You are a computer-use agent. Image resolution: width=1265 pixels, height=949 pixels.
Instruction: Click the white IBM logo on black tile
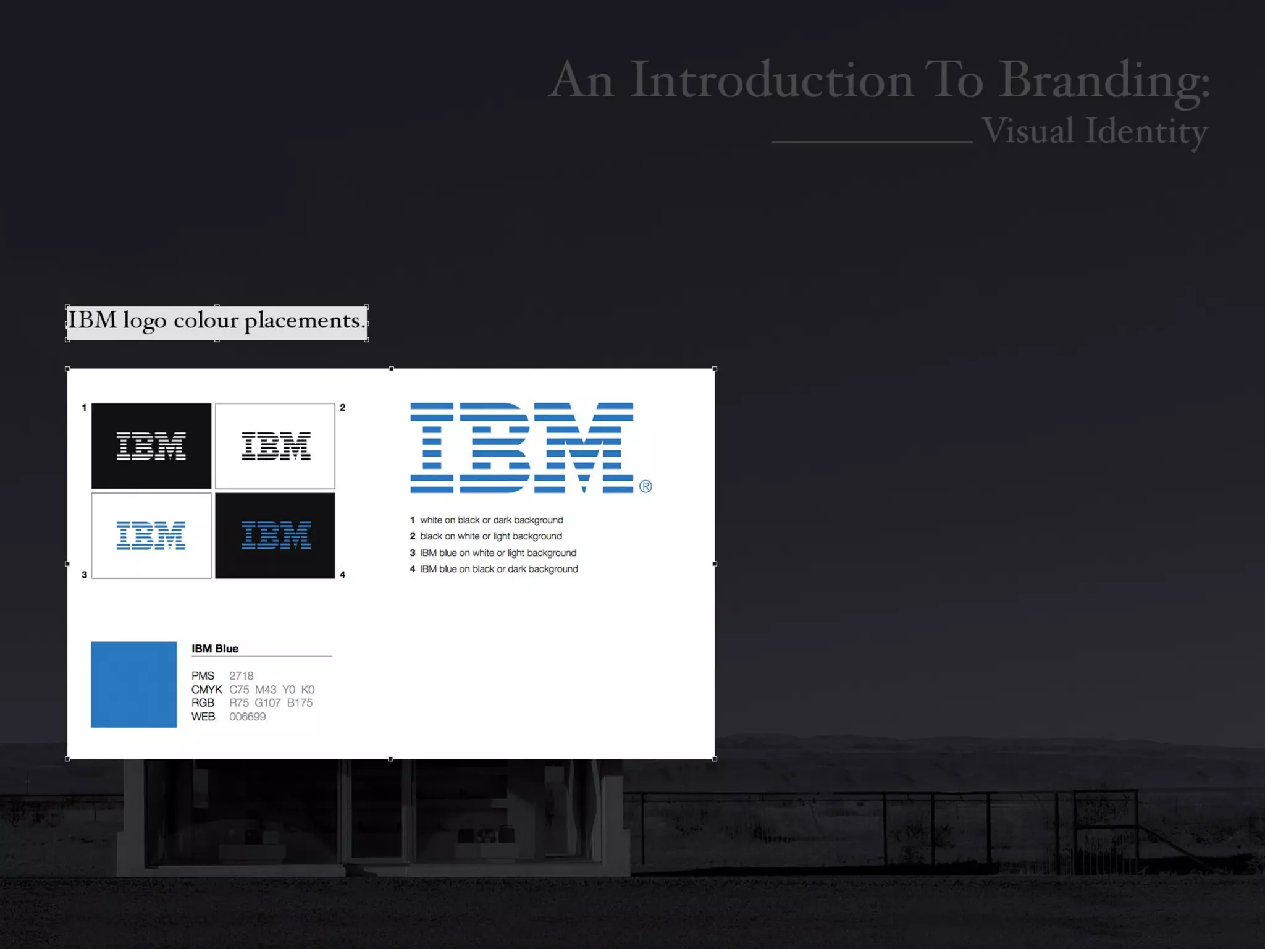151,446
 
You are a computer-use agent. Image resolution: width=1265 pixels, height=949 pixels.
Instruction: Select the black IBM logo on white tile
275,446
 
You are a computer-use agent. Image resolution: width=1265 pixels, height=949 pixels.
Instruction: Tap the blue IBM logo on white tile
151,536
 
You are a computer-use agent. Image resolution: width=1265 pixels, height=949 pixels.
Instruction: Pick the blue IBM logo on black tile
275,536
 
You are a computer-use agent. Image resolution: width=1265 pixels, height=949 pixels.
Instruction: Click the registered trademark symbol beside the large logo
645,487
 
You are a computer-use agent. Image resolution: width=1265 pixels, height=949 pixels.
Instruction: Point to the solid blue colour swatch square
133,685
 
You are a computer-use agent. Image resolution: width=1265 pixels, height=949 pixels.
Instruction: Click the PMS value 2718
242,676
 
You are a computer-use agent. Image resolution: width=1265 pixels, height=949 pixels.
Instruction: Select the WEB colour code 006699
247,717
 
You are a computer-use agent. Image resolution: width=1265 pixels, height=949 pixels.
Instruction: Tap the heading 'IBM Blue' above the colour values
214,649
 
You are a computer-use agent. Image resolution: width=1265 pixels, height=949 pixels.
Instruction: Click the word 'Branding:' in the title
1104,81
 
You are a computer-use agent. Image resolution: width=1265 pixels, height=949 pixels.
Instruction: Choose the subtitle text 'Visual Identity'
1095,132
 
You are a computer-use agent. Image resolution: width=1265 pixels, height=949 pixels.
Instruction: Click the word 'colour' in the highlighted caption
206,321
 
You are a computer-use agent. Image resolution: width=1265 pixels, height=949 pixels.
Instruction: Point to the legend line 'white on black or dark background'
492,520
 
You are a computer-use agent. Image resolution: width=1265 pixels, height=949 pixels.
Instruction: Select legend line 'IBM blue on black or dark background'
499,569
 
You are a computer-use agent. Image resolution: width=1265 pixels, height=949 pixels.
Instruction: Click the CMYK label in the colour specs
206,690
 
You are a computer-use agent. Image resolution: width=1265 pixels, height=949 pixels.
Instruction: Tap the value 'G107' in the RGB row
267,703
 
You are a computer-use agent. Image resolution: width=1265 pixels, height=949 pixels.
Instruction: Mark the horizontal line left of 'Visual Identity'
872,142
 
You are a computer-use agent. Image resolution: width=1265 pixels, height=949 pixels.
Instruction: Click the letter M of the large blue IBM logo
584,447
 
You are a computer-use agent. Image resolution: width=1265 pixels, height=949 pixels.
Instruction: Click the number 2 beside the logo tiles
343,408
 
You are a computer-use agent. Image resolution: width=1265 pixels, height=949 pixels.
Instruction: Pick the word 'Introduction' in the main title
771,80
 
